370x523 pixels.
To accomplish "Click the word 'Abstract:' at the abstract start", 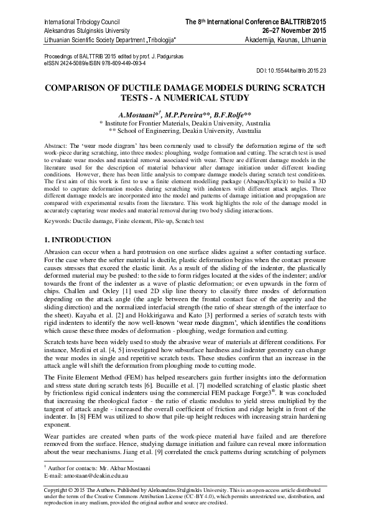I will pos(57,144).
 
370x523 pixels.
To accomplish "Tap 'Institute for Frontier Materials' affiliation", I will pos(149,124).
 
